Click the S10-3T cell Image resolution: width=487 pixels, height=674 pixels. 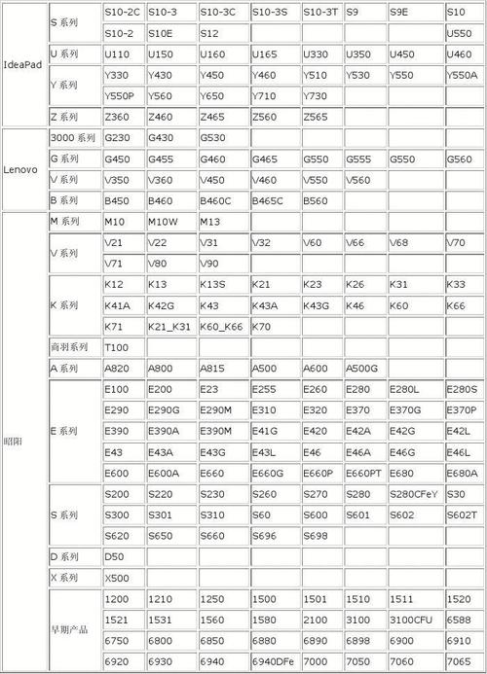pos(320,13)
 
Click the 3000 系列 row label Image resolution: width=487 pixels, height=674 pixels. pos(73,138)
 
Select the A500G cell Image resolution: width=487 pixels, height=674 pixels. pos(364,369)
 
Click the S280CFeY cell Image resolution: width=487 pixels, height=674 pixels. pos(414,494)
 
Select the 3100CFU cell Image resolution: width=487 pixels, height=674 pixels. pos(414,620)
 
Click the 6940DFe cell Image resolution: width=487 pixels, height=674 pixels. pos(272,660)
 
